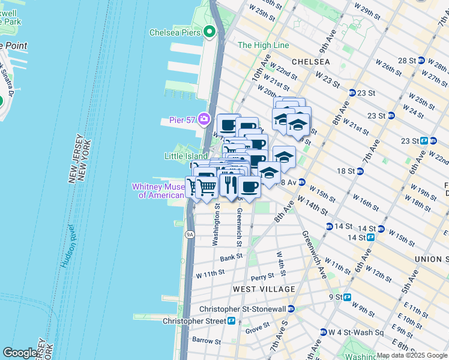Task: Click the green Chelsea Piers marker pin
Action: [x=209, y=32]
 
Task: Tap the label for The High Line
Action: [x=263, y=45]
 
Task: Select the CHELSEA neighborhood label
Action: [x=310, y=62]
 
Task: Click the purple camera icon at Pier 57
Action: [x=204, y=119]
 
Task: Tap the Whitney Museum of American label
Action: [x=158, y=191]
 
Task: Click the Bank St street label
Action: [x=231, y=257]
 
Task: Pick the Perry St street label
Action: [x=262, y=277]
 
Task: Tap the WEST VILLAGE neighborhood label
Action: [x=264, y=289]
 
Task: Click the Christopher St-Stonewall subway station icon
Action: [x=291, y=309]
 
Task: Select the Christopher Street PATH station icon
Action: [x=231, y=321]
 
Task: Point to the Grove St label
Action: [x=257, y=329]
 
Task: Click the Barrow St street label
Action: [x=206, y=341]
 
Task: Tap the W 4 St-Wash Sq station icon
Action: [x=323, y=332]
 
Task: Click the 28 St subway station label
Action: [x=411, y=61]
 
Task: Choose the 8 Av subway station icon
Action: [x=303, y=181]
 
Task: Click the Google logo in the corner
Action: [x=20, y=353]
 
